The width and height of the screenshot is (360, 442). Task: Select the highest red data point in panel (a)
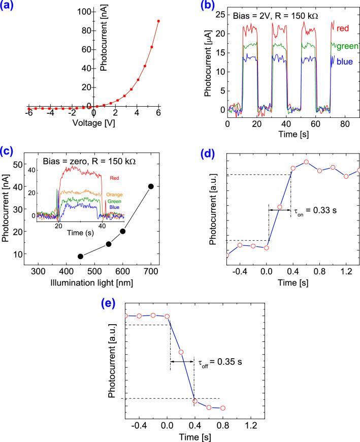pos(158,21)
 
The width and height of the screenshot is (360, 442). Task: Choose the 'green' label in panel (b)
pos(348,46)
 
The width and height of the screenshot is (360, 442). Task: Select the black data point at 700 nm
pos(150,186)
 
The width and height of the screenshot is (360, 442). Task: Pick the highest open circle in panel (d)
pos(306,162)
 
